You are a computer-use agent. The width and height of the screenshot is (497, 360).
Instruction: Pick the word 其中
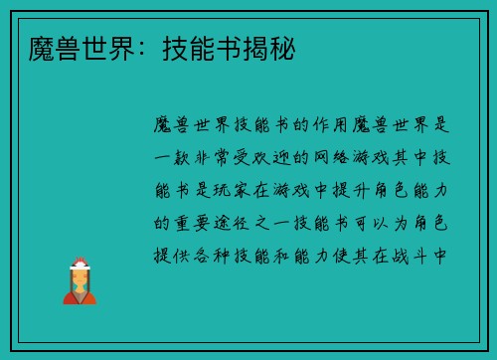point(415,158)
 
